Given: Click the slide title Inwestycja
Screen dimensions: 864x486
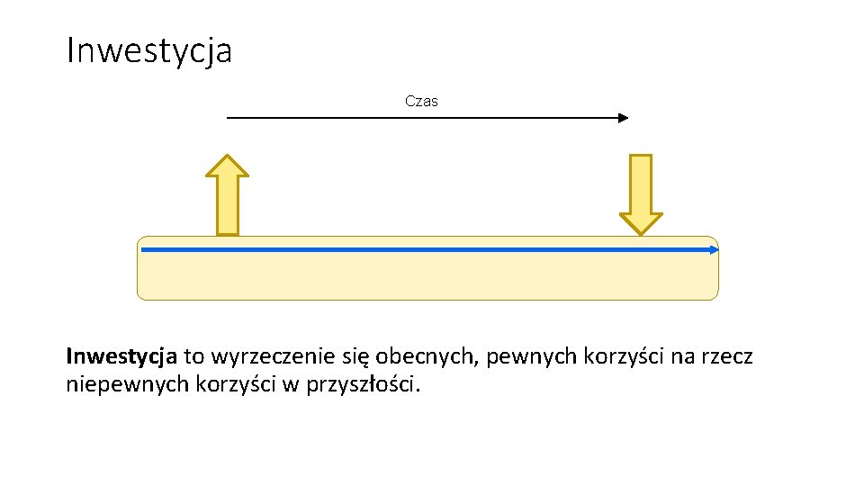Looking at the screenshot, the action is tap(149, 50).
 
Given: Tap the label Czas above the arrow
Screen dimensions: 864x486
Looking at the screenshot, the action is tap(421, 101).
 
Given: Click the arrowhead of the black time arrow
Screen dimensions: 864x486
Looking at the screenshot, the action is tap(622, 118).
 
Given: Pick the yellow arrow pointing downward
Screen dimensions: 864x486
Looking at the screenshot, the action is tap(641, 193).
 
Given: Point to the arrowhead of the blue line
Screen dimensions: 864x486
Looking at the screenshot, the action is tap(714, 250).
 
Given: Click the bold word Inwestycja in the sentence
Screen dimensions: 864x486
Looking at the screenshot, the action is tap(121, 357).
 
